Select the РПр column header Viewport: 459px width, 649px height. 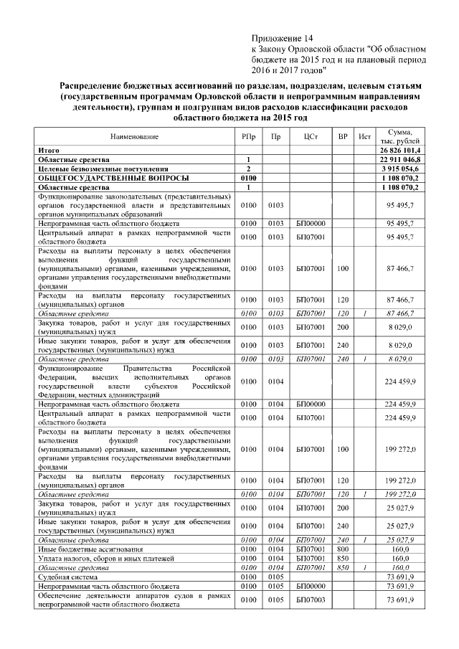point(247,136)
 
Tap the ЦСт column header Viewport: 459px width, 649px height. point(311,136)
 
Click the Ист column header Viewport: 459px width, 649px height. point(364,136)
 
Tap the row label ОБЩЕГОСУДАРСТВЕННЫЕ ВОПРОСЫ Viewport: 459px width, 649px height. point(93,176)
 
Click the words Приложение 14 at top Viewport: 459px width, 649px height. point(283,37)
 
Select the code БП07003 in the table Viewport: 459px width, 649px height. point(311,600)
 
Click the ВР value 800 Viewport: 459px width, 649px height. point(343,548)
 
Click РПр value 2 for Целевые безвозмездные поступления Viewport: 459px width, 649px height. point(247,168)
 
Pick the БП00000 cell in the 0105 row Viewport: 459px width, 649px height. point(311,584)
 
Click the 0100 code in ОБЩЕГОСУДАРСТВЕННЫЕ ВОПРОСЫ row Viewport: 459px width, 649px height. point(247,176)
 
